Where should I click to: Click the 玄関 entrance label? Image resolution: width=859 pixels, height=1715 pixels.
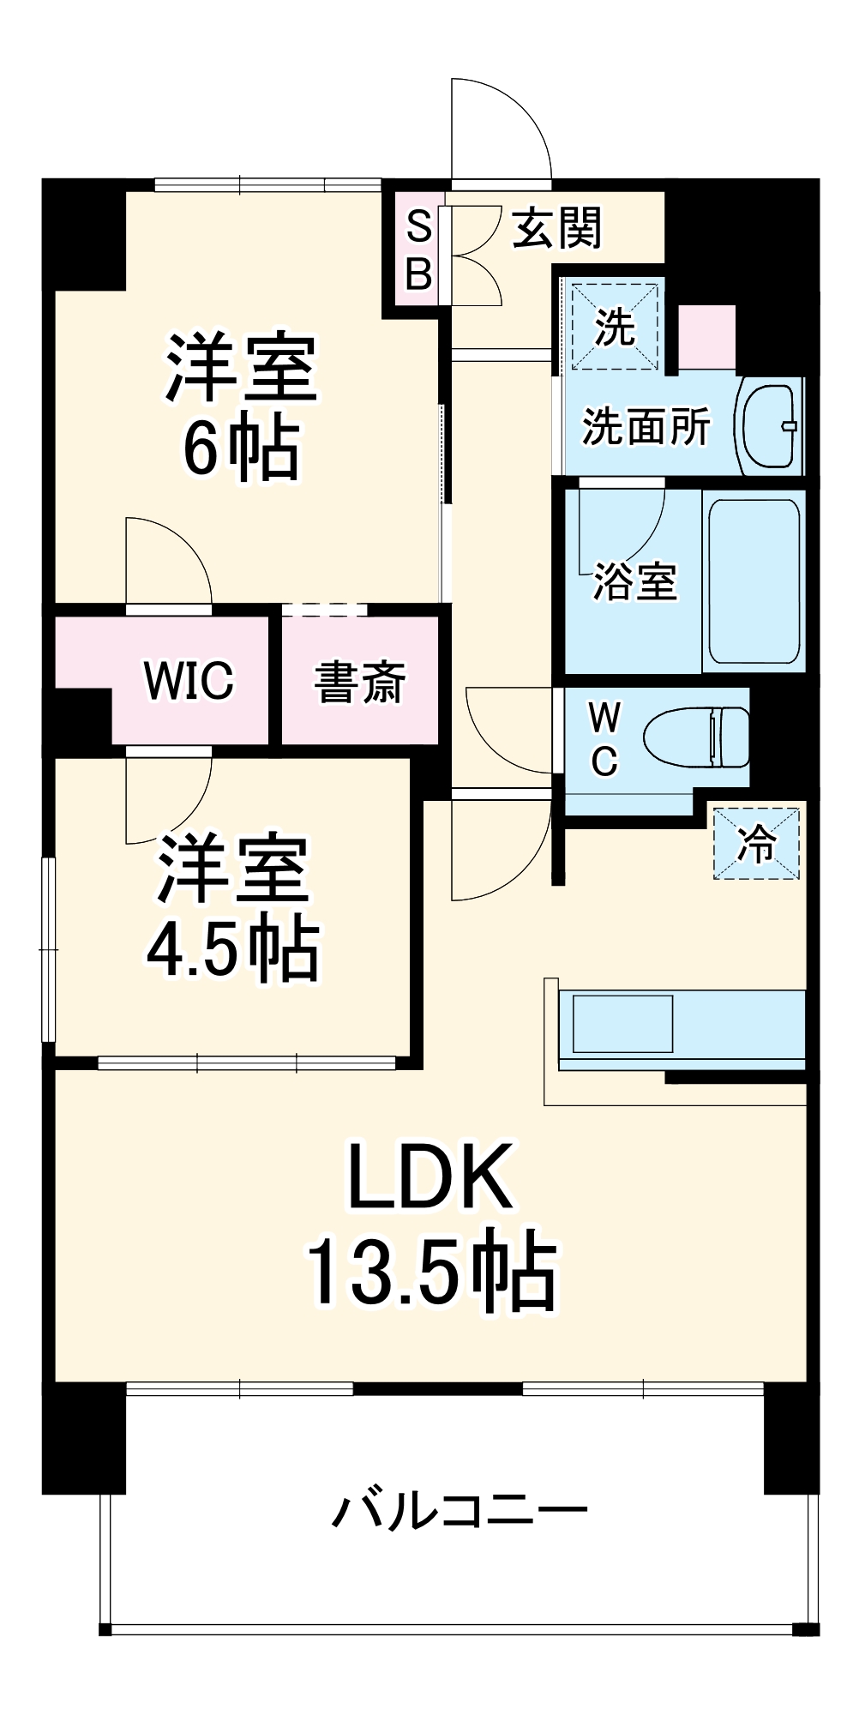(557, 228)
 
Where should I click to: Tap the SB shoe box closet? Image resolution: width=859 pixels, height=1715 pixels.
(418, 250)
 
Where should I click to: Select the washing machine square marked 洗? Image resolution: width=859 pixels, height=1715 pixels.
(615, 327)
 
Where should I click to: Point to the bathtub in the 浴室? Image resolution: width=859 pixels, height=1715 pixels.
(754, 581)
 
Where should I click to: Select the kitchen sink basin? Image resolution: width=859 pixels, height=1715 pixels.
(622, 1023)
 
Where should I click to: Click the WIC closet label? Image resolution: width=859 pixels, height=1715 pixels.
(189, 681)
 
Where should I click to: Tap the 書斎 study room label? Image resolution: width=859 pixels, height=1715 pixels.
(359, 683)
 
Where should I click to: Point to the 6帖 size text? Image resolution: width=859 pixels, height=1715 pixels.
(241, 448)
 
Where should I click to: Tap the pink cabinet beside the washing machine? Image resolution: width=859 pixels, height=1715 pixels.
(707, 337)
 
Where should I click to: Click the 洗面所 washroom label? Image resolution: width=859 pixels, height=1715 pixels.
(646, 426)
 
